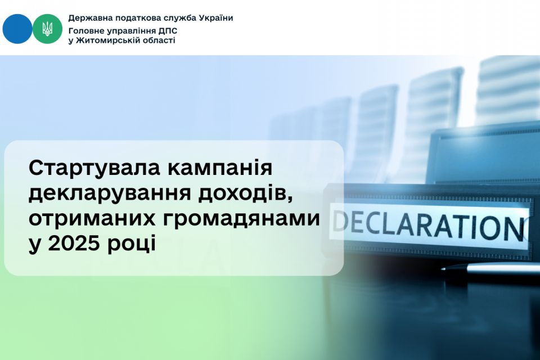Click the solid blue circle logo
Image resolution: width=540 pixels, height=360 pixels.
(17, 29)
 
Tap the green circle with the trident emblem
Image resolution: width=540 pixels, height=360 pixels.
(47, 29)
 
